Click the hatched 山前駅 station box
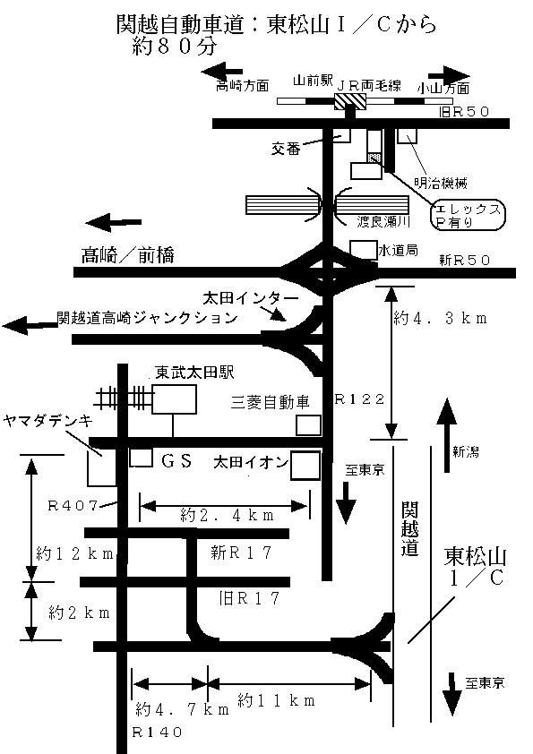point(350,101)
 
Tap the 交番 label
point(286,149)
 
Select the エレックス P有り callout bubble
point(468,215)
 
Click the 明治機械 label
point(441,183)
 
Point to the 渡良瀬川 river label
point(383,222)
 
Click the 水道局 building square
point(363,250)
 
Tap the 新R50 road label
point(464,261)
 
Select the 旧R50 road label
point(464,112)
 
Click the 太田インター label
point(251,298)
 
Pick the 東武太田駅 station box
point(174,399)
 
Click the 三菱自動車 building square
point(308,425)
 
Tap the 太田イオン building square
point(305,466)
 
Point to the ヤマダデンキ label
point(48,422)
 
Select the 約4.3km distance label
point(440,318)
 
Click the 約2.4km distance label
point(227,515)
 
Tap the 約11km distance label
point(277,700)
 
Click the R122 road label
point(359,398)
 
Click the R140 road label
point(158,733)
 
